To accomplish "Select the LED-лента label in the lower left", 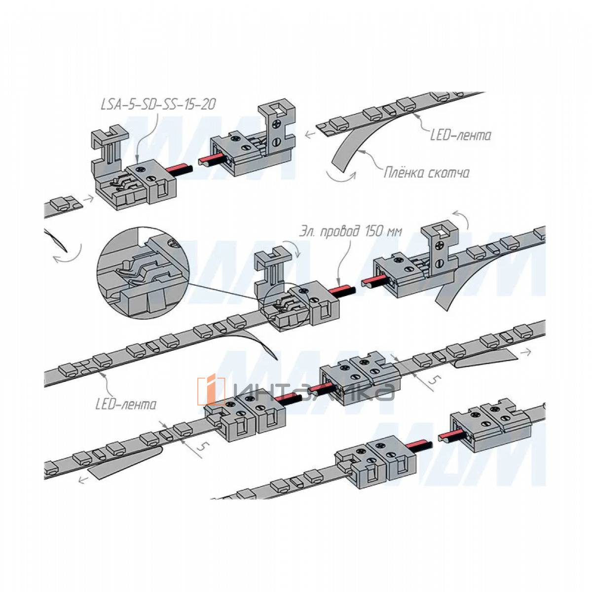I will [x=126, y=405].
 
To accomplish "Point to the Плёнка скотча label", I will [x=426, y=173].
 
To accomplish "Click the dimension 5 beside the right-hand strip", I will [x=433, y=380].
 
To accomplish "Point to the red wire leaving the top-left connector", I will [x=177, y=169].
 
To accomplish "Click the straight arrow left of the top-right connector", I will [x=310, y=133].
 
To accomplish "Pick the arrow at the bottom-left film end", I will [x=83, y=479].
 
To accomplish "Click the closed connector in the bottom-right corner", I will [x=491, y=425].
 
